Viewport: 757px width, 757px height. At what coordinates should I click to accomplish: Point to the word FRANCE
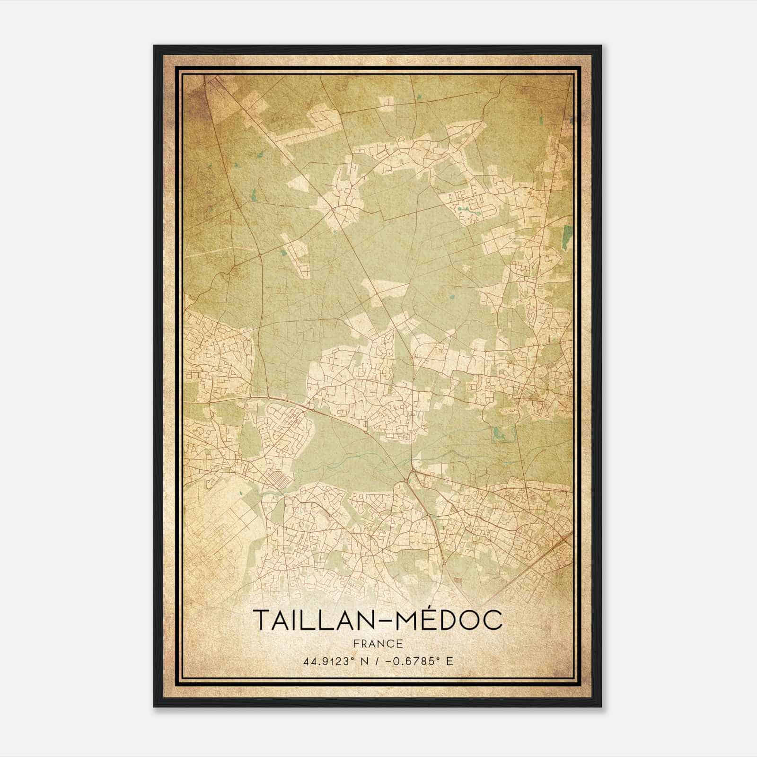pos(378,643)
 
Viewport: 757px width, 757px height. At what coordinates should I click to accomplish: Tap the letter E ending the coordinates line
pos(449,660)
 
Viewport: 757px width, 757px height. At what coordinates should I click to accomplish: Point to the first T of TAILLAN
pos(261,620)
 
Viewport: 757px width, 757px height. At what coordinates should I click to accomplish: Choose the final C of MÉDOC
pos(493,620)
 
